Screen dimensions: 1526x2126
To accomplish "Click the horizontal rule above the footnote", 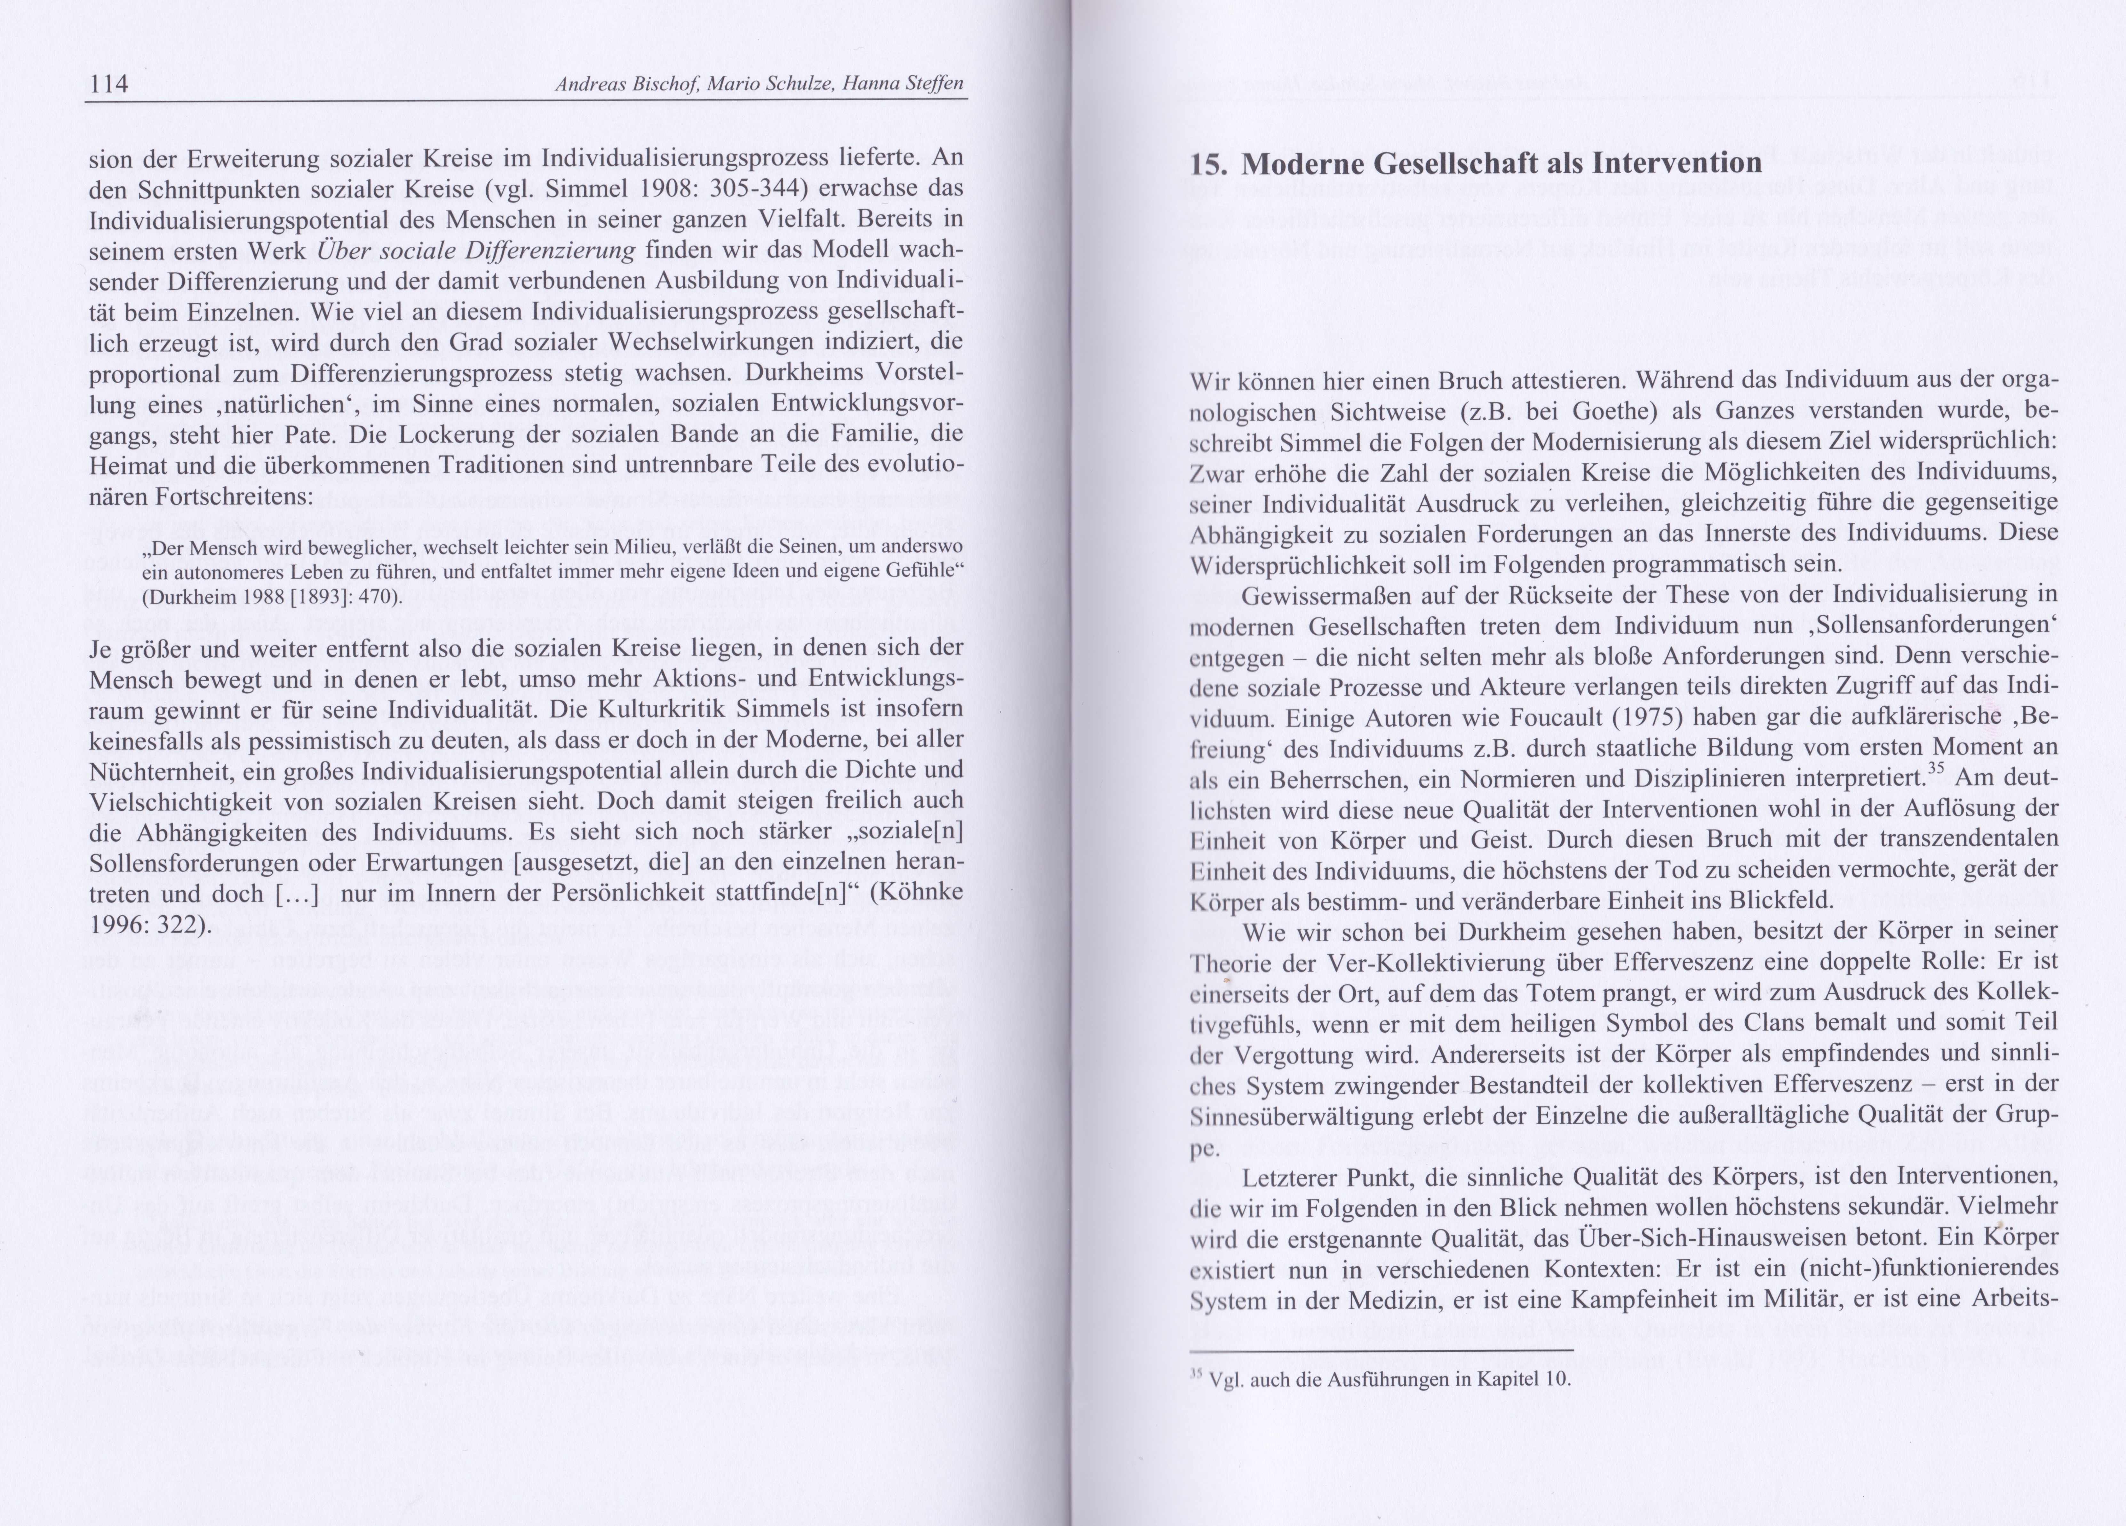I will click(1380, 1350).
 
